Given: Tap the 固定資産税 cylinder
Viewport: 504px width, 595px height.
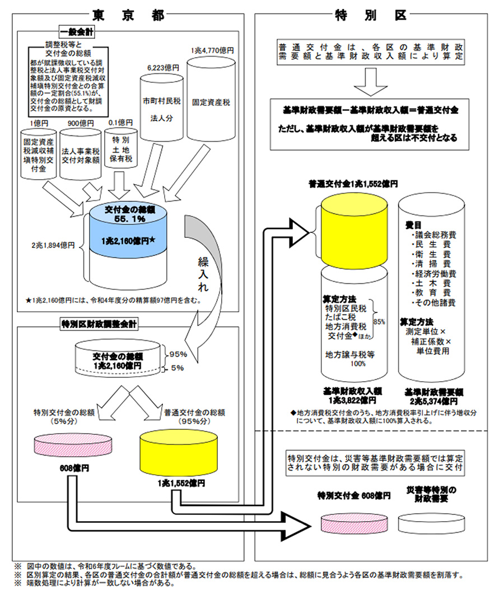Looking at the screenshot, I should pos(212,103).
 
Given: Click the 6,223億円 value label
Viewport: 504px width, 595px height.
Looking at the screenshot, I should pos(163,67).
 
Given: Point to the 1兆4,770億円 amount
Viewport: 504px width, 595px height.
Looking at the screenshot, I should pos(212,50).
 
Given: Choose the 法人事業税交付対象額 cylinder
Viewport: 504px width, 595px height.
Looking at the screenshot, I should pos(80,154).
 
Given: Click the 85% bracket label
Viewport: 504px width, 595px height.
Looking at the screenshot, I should pos(379,322).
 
